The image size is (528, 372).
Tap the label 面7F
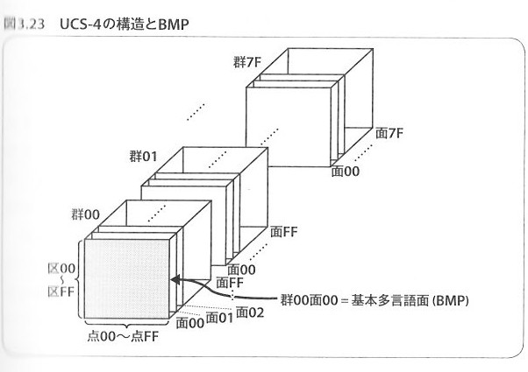coord(389,134)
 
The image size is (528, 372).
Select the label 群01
coord(142,158)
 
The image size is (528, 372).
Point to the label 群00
coord(85,213)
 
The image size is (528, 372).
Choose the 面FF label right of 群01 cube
coord(285,232)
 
